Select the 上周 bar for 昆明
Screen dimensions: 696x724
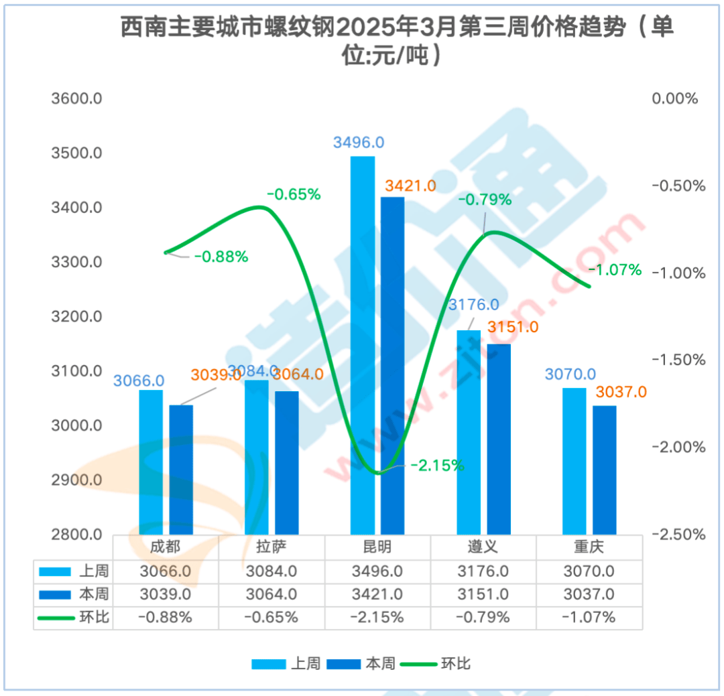pos(363,345)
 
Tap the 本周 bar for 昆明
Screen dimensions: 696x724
pos(393,365)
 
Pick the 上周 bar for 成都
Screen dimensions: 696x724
pos(151,462)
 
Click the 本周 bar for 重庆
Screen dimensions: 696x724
pos(605,470)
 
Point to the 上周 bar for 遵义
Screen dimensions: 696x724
pos(469,432)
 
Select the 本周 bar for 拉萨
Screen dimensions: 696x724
pos(287,462)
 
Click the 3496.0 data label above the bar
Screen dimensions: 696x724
pos(359,143)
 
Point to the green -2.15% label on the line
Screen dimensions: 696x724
pos(436,464)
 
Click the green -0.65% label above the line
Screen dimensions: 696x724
pos(294,195)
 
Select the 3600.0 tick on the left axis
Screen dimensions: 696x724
pos(76,99)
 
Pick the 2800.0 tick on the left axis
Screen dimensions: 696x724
pos(76,535)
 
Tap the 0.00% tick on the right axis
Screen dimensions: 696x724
pos(676,99)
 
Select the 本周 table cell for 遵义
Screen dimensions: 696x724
pos(483,594)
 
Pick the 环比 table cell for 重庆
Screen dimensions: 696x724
pos(589,618)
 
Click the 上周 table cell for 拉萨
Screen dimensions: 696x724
pos(271,571)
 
